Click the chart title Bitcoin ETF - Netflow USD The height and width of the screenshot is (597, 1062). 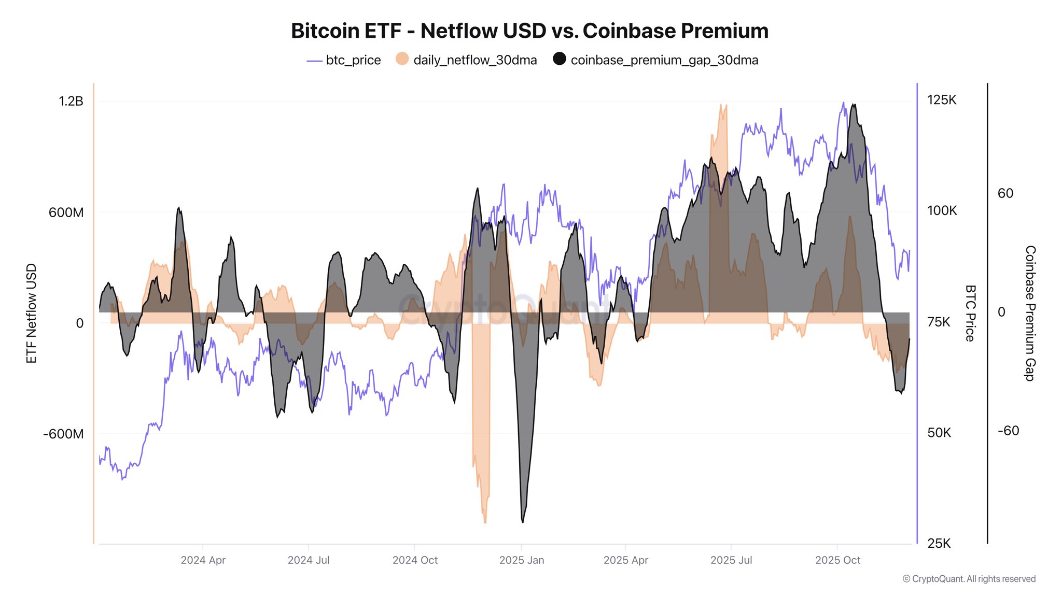tap(529, 31)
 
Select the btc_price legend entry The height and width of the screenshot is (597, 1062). tap(353, 60)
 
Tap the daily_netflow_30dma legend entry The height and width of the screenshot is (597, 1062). tap(474, 60)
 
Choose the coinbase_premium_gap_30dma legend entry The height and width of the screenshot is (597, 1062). tap(664, 60)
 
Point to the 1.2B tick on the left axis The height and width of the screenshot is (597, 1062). tap(71, 101)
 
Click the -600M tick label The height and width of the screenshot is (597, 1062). tap(63, 434)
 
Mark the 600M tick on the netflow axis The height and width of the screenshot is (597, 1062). tap(66, 212)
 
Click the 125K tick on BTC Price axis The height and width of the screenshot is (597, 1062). tap(941, 100)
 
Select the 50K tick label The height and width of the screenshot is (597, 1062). tap(939, 433)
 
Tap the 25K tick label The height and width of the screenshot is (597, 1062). tap(939, 543)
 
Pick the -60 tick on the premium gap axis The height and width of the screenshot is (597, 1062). tap(1008, 431)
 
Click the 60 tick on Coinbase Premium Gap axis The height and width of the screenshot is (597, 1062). tap(1005, 193)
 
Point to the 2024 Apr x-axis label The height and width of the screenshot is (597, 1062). tap(203, 560)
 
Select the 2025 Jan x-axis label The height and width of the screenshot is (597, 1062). tap(521, 560)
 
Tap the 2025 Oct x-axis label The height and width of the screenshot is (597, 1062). tap(837, 560)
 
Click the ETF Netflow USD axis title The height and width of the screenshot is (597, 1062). tap(32, 314)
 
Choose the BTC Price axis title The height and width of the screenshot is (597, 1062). tap(970, 314)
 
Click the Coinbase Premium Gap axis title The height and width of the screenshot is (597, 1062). tap(1030, 314)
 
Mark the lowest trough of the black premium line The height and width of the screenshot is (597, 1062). tap(522, 521)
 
